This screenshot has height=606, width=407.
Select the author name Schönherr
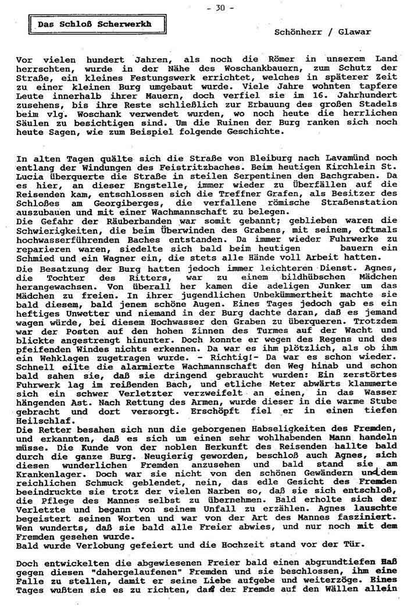point(297,33)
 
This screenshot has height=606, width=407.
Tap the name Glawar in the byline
point(356,33)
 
